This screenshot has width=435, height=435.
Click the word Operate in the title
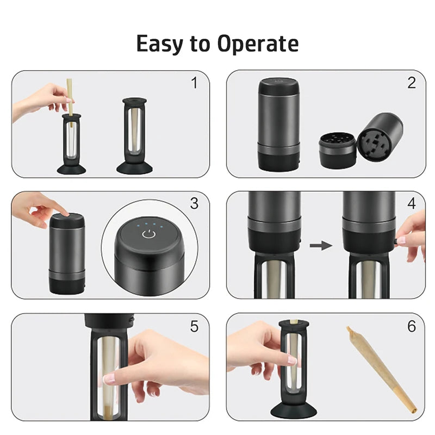click(x=258, y=44)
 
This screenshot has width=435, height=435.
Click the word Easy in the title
click(x=160, y=44)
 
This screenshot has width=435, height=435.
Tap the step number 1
click(x=195, y=83)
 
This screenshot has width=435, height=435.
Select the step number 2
click(x=412, y=83)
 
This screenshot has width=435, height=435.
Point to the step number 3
click(x=195, y=203)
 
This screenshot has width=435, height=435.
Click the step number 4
click(x=412, y=203)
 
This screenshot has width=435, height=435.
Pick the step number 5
click(x=195, y=326)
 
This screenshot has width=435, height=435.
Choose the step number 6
click(x=412, y=326)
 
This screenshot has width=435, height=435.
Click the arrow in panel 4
click(x=321, y=246)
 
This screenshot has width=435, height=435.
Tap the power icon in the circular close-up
click(x=148, y=234)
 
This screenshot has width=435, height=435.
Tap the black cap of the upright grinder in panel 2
click(x=279, y=86)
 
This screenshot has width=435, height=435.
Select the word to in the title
click(x=200, y=44)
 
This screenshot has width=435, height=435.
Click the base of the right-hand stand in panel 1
click(x=134, y=168)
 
